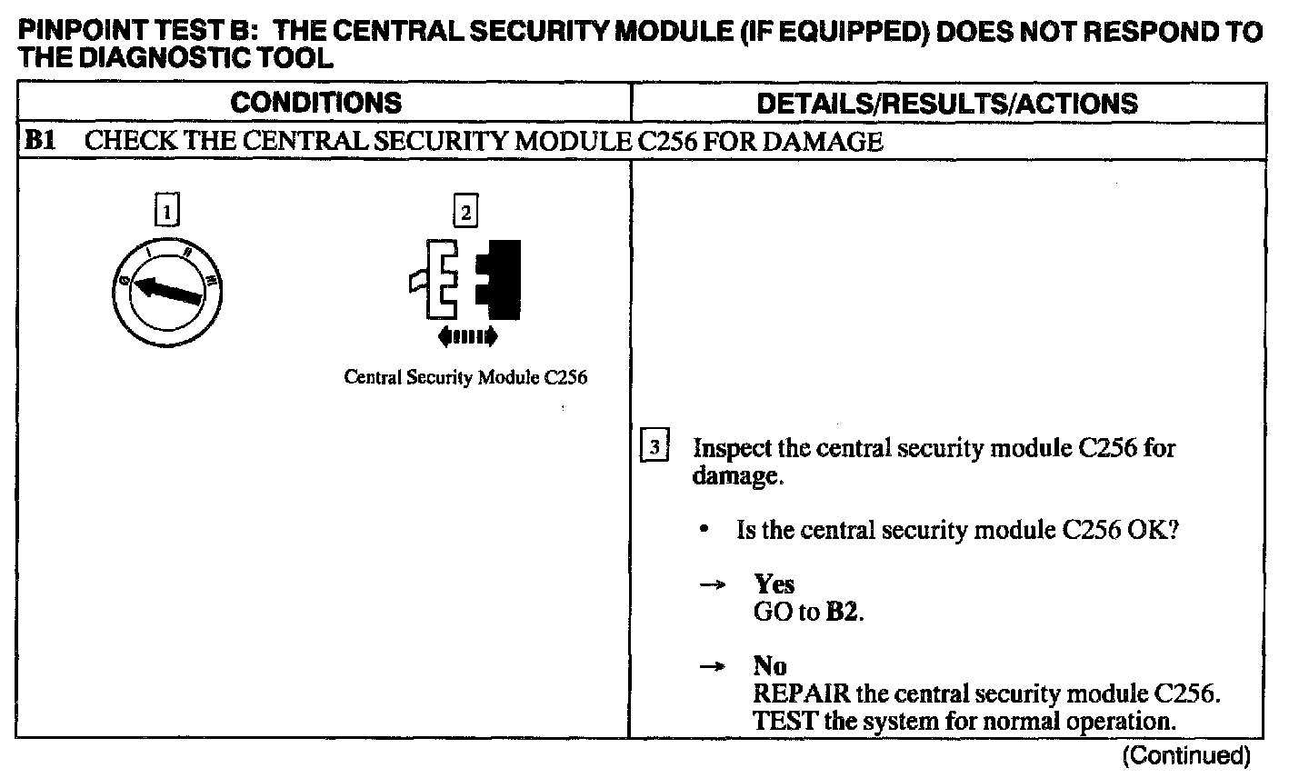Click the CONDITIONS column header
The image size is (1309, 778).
(x=315, y=103)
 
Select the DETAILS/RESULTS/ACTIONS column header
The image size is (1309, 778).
(x=946, y=103)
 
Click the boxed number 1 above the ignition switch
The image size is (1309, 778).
(x=166, y=212)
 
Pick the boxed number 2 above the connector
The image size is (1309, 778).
(x=465, y=213)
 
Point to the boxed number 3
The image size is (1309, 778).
(x=654, y=447)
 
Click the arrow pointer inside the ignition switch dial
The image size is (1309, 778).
(x=167, y=291)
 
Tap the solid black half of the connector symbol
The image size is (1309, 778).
(x=500, y=280)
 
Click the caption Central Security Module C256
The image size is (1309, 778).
(x=465, y=378)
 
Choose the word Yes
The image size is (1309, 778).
(x=774, y=583)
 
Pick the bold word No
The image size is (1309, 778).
(x=770, y=665)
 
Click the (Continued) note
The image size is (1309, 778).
(x=1187, y=754)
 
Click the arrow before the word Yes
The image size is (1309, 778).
(x=712, y=584)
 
